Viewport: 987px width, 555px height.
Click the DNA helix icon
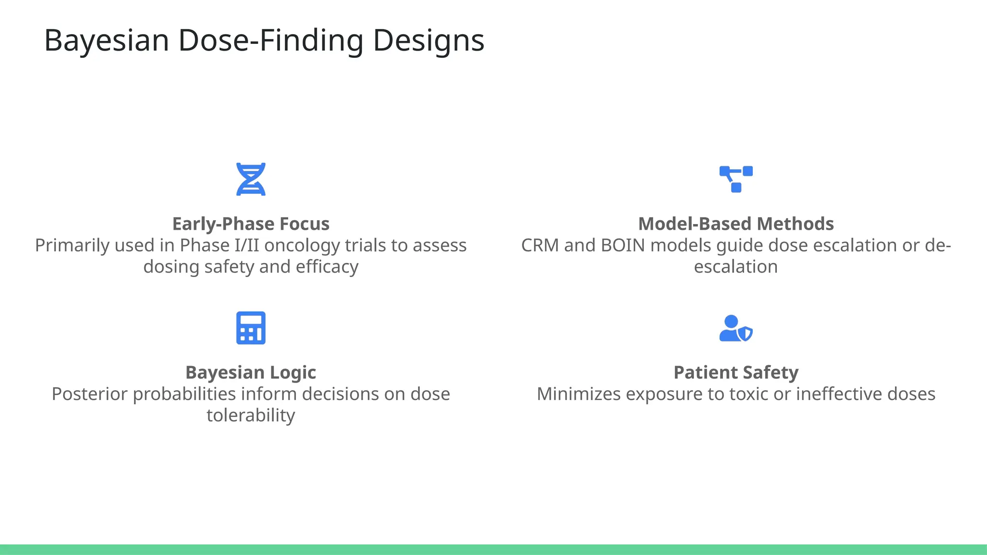tap(251, 179)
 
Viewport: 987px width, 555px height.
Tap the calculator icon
tap(251, 328)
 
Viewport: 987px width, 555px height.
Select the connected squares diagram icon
tap(736, 179)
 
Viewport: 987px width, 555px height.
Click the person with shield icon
tap(735, 328)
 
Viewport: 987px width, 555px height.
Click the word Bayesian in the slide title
tap(107, 40)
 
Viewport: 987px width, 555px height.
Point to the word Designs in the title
tap(428, 40)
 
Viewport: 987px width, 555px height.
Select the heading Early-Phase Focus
tap(251, 224)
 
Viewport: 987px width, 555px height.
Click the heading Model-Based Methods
tap(736, 224)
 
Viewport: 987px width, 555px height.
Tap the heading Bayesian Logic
tap(251, 372)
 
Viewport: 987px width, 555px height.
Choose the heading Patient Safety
tap(736, 372)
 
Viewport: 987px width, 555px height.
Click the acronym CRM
tap(540, 246)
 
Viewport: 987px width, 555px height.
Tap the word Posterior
tap(90, 394)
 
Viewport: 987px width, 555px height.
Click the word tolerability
tap(251, 416)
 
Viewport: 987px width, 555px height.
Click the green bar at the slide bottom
tap(493, 549)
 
